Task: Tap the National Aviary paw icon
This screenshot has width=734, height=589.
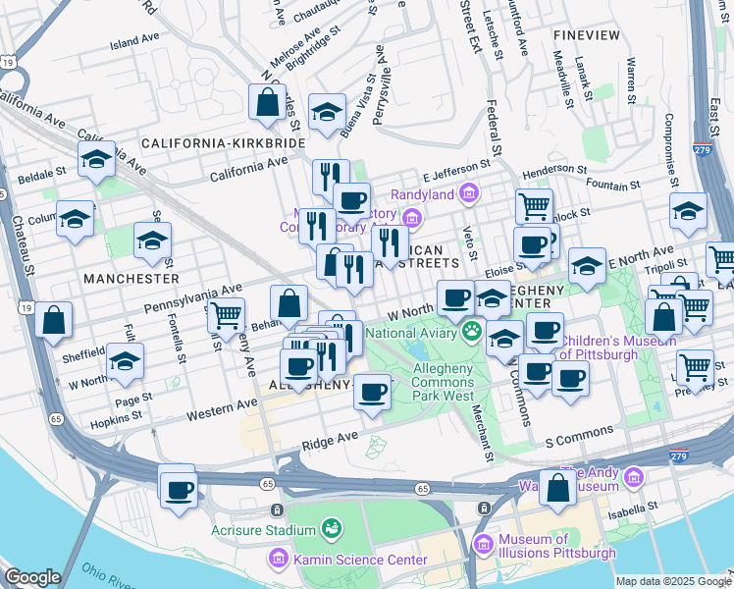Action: (x=472, y=332)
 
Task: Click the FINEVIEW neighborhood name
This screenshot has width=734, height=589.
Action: (x=587, y=34)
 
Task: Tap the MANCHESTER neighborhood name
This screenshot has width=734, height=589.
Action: (x=131, y=279)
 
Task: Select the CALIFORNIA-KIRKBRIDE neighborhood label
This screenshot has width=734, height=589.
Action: (x=224, y=142)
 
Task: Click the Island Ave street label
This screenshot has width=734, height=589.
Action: (x=134, y=42)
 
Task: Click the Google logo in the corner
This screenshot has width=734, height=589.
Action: (x=32, y=577)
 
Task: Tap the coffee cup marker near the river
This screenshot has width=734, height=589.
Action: (x=178, y=488)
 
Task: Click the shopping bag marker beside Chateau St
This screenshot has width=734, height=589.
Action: (x=53, y=319)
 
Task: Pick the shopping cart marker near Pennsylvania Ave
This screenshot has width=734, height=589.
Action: (x=227, y=315)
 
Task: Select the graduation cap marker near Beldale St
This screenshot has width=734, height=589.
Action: (x=96, y=159)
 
